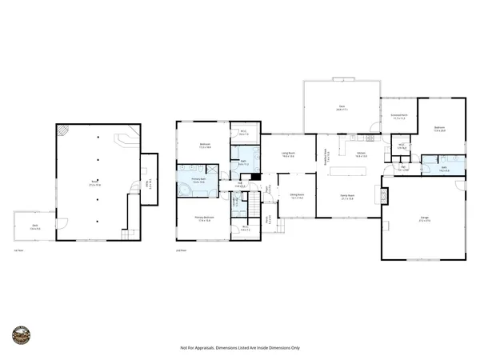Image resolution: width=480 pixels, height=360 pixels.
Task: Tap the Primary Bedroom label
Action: pos(204,218)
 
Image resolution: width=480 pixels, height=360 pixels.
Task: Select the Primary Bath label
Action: pos(198,181)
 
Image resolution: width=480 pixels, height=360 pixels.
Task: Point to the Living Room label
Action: pos(288,154)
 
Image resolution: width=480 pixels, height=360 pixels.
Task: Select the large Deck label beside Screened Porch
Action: pos(341,107)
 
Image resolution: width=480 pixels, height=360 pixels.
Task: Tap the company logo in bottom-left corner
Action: pos(22,334)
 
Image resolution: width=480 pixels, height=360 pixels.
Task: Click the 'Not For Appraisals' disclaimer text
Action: pos(239,348)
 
